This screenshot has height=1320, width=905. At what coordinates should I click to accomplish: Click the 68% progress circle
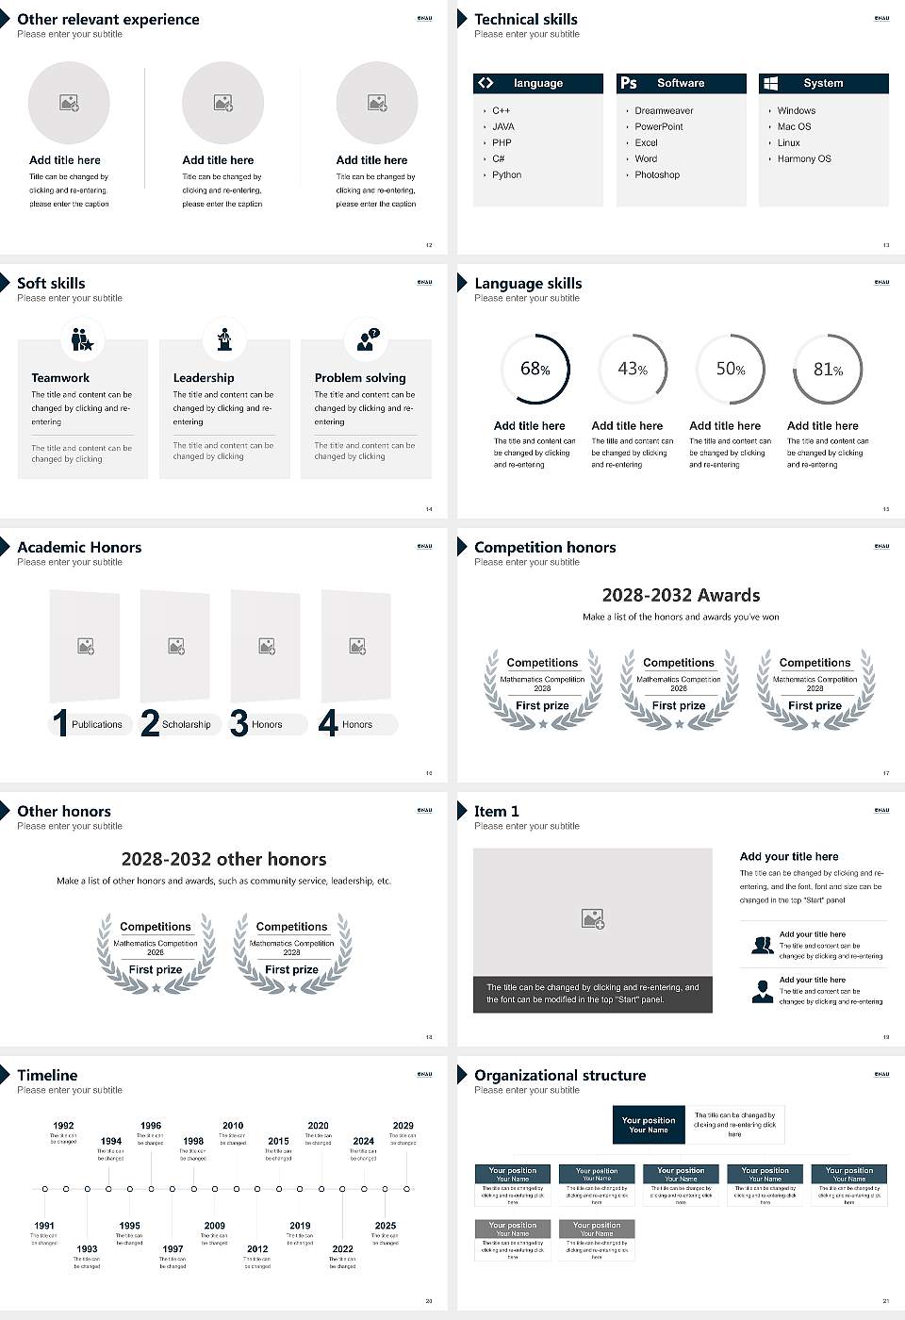click(x=535, y=369)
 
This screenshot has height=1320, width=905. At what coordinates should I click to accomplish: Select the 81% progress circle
click(x=828, y=369)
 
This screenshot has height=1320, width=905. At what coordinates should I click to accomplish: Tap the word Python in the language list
click(x=506, y=174)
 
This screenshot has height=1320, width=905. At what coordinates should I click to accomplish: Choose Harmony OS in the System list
click(x=804, y=158)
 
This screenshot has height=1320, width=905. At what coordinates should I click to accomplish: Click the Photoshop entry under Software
click(x=657, y=174)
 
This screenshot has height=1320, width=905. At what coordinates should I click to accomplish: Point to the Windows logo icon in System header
click(x=770, y=83)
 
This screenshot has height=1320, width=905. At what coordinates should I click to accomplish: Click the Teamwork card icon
click(x=82, y=338)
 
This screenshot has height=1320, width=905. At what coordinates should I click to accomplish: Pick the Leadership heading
click(x=204, y=377)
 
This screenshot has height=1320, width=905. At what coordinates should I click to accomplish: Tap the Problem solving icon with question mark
click(x=367, y=339)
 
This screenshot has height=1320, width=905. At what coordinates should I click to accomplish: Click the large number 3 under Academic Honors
click(x=239, y=723)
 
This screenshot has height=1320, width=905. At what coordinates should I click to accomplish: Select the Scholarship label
click(x=186, y=724)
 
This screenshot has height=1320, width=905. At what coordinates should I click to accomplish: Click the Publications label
click(x=97, y=724)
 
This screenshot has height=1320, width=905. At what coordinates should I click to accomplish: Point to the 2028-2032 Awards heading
click(x=681, y=595)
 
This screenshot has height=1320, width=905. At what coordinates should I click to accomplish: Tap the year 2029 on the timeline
click(x=403, y=1125)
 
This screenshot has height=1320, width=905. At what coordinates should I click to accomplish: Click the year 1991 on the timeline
click(x=44, y=1226)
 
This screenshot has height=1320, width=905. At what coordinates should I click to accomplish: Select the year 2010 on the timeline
click(x=233, y=1125)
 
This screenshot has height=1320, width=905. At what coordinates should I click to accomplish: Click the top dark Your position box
click(x=649, y=1125)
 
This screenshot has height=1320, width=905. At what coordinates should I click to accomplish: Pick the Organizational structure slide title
click(x=560, y=1075)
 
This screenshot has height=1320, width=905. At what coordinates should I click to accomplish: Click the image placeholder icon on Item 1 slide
click(x=593, y=917)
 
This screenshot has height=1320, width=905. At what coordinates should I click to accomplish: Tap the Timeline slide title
click(x=47, y=1075)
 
